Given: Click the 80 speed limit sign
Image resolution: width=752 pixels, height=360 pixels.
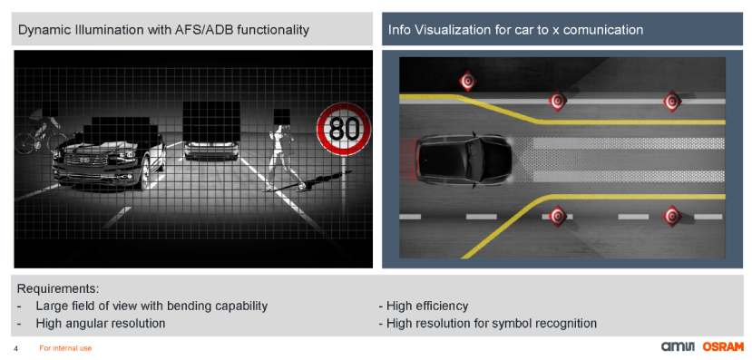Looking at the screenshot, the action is (x=344, y=129).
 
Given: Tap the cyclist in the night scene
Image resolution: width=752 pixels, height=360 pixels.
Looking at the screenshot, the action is (x=41, y=131).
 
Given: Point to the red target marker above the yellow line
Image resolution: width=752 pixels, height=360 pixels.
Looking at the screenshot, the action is (x=467, y=81).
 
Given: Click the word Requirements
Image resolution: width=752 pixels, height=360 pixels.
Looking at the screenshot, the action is (x=58, y=289).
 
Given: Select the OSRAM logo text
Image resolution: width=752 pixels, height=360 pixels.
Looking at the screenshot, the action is (x=723, y=346).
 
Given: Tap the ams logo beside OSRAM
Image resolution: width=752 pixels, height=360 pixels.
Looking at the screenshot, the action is (x=680, y=346).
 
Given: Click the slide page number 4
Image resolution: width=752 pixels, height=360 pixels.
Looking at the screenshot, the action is (x=15, y=348).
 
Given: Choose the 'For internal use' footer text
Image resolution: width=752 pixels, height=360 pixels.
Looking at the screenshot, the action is (x=65, y=348).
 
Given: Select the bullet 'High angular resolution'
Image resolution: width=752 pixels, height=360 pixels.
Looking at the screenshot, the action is (x=100, y=324).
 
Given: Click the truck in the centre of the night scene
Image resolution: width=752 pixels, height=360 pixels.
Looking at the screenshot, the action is (x=211, y=131).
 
